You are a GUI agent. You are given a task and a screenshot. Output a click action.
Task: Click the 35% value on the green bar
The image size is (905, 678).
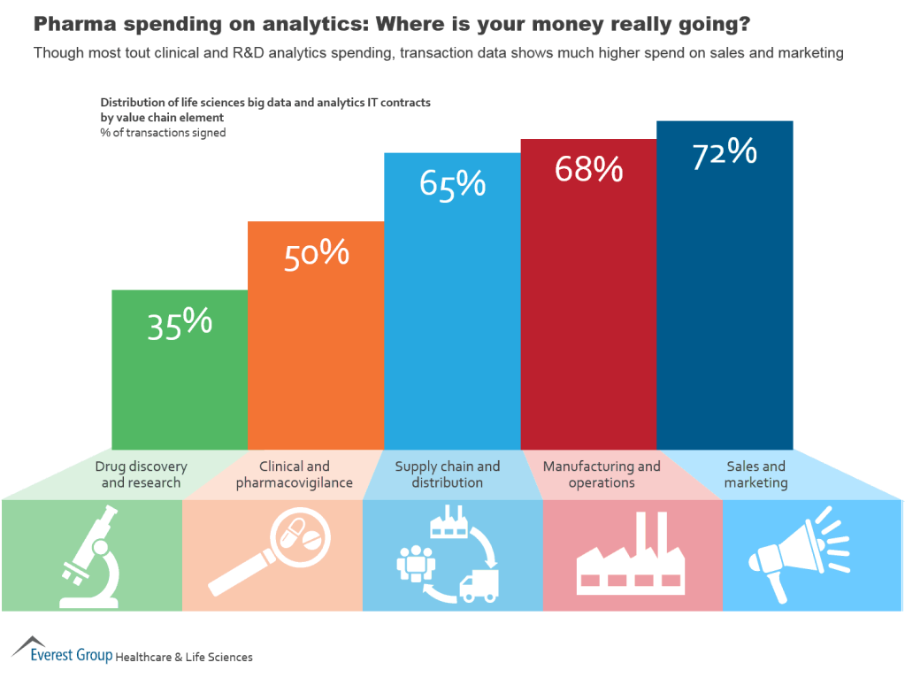pyautogui.click(x=180, y=324)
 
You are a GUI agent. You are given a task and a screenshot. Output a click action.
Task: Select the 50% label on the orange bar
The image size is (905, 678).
pyautogui.click(x=316, y=255)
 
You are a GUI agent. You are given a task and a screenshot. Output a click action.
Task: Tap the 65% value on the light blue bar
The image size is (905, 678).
pyautogui.click(x=452, y=183)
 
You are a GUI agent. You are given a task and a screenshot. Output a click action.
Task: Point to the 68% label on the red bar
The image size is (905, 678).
pyautogui.click(x=588, y=168)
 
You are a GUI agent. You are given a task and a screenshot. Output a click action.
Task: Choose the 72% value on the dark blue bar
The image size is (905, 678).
pyautogui.click(x=725, y=153)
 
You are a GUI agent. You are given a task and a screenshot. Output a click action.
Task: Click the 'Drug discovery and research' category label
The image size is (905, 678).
pyautogui.click(x=142, y=474)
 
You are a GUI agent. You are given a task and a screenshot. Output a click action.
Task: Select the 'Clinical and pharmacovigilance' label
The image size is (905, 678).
pyautogui.click(x=294, y=474)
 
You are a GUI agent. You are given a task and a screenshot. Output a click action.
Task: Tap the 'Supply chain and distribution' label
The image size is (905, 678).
pyautogui.click(x=447, y=474)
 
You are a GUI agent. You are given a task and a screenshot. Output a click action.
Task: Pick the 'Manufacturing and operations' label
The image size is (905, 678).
pyautogui.click(x=602, y=474)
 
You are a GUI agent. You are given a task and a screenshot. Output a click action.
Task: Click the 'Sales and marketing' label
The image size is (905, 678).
pyautogui.click(x=755, y=474)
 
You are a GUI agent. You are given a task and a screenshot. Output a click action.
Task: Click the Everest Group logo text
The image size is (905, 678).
pyautogui.click(x=71, y=656)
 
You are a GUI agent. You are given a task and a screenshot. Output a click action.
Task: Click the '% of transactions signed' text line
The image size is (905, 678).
pyautogui.click(x=163, y=133)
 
